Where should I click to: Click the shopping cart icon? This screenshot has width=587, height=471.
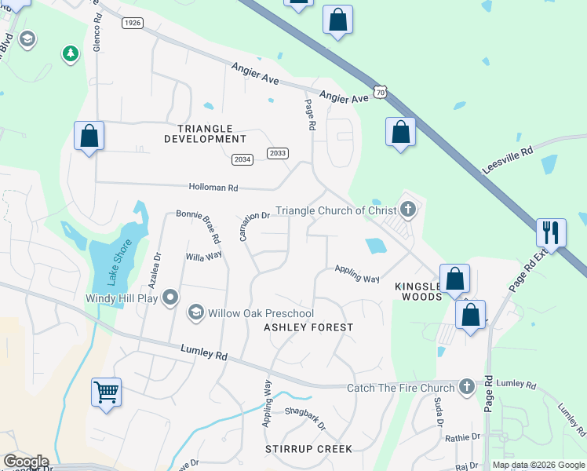106,391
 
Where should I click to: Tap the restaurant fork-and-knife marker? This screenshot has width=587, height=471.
550,232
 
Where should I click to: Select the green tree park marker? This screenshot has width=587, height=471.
71,53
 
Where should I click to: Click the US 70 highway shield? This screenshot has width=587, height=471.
381,93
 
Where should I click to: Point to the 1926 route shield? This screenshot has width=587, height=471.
132,24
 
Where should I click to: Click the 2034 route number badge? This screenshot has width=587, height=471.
242,159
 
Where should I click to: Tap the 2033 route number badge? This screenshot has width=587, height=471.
277,153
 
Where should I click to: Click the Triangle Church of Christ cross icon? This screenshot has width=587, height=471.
407,210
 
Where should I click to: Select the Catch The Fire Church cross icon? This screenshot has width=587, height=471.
467,387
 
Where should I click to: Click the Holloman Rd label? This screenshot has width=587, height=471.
213,188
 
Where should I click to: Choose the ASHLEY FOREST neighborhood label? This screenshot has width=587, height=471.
308,327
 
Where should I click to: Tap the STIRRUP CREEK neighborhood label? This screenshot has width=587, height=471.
308,448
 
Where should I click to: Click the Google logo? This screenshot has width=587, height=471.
26,462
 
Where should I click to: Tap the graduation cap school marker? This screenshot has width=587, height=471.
27,39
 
